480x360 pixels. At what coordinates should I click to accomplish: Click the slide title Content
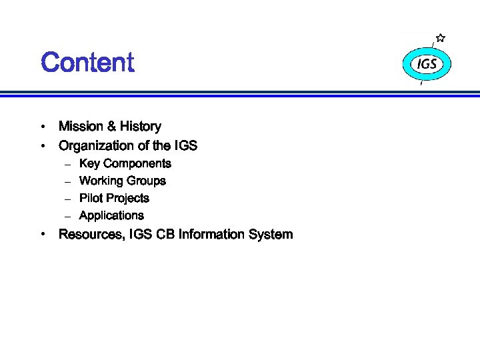87,63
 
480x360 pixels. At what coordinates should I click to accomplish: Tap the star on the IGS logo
441,39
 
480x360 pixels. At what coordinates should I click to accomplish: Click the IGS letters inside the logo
427,64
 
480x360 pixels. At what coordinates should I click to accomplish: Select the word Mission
80,126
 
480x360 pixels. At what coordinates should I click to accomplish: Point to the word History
141,126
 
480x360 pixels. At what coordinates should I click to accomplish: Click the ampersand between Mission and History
111,126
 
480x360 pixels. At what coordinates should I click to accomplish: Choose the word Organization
93,145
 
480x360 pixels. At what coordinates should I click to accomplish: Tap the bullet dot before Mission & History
43,127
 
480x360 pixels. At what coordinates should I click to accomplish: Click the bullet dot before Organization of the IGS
43,145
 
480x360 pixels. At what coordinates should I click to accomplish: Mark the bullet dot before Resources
43,235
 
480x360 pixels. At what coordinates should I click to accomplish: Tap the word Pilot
90,198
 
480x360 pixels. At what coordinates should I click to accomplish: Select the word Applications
111,215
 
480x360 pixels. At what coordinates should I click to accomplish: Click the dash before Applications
67,216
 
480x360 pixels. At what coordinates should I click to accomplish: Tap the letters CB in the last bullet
165,234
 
